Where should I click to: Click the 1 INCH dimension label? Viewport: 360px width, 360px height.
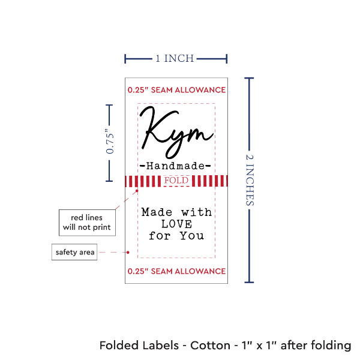point(175,58)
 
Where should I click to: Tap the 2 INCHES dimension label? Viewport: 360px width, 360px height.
point(251,179)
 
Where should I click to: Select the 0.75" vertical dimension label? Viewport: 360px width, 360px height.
point(110,143)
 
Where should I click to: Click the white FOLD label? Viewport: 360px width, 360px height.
point(176,180)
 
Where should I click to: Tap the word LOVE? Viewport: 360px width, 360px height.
point(176,223)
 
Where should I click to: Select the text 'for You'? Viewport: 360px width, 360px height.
point(176,235)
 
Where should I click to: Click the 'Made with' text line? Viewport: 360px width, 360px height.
point(176,212)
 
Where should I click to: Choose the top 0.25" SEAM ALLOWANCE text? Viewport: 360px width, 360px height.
point(176,90)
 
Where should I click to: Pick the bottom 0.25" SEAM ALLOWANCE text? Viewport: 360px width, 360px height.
point(176,271)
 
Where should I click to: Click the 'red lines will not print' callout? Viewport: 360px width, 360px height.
point(87,222)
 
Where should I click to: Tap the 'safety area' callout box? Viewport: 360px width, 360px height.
point(74,252)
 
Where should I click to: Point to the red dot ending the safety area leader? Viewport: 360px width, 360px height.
point(130,252)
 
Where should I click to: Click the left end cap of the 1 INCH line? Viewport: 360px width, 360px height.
point(125,59)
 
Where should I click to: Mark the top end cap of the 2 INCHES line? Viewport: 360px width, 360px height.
point(251,77)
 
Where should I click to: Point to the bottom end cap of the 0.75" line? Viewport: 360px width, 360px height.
point(109,180)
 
